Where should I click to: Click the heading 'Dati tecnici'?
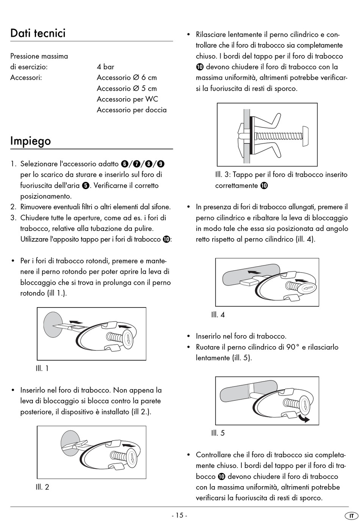tap(38, 33)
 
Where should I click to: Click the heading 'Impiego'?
tap(30, 141)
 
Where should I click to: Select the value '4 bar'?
tap(105, 67)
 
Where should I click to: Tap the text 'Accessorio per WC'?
tap(127, 99)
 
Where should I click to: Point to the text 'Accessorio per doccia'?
tap(131, 110)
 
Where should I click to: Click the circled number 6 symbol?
tap(125, 164)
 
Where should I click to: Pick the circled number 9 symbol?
tap(161, 164)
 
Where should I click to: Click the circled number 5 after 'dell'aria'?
tap(85, 185)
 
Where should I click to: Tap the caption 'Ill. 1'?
tap(42, 368)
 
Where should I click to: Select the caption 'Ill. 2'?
tap(42, 487)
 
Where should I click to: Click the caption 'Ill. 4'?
tap(218, 315)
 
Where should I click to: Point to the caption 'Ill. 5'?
tap(218, 433)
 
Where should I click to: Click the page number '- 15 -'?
tap(180, 515)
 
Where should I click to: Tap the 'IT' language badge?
tap(351, 516)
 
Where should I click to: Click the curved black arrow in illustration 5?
tap(303, 417)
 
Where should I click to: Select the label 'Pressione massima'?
tap(39, 56)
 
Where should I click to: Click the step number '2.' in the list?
tap(13, 207)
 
